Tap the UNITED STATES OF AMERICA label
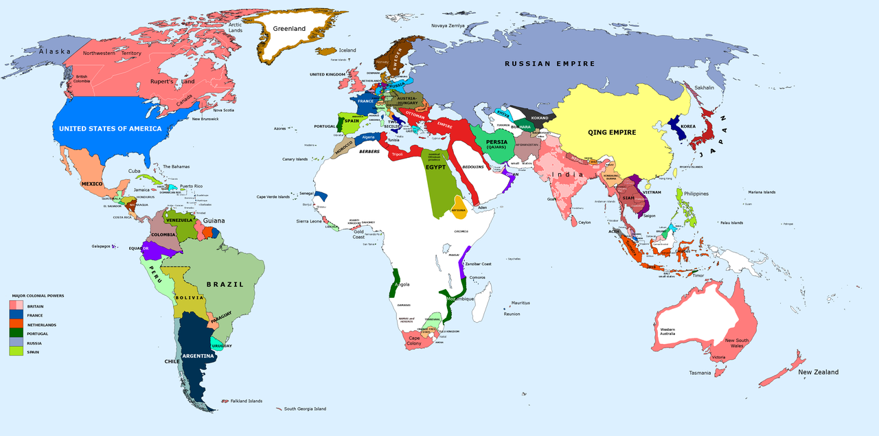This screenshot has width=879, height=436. coord(110,128)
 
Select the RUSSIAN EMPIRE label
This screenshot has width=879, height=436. coord(549,64)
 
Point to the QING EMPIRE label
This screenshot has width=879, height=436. coord(613,133)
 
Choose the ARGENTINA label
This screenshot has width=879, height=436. coord(198,357)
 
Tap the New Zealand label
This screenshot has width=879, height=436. coord(818,372)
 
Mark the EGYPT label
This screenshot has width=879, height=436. coord(436,167)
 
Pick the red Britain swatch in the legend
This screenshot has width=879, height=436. coord(16,306)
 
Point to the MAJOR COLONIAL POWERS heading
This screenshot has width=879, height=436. coord(38,296)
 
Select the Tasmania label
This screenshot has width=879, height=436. coord(700,373)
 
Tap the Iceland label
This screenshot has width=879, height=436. coord(347,50)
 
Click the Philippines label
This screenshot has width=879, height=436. coord(696,194)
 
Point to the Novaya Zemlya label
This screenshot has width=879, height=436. coord(448,25)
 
